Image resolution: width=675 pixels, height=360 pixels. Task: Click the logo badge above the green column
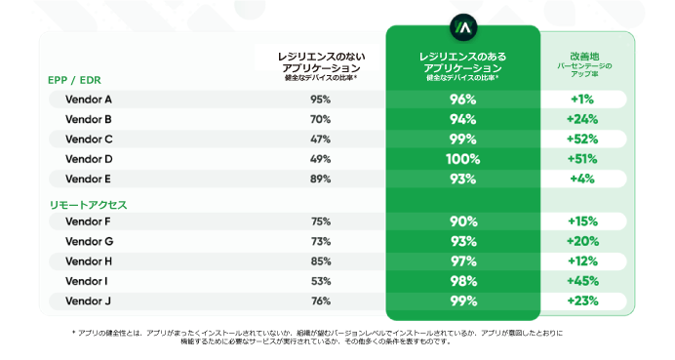(463, 26)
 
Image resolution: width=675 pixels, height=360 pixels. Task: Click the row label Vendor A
(89, 100)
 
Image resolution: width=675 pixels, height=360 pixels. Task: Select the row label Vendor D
(89, 159)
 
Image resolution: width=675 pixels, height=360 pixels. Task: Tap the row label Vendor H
(89, 260)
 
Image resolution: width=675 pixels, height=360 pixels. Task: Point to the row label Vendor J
(89, 300)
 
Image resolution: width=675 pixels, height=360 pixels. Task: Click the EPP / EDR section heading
(75, 80)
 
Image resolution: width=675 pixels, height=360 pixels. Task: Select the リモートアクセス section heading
(89, 205)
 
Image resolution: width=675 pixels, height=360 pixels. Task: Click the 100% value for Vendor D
(463, 159)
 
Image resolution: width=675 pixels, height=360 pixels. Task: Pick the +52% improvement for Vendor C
(583, 140)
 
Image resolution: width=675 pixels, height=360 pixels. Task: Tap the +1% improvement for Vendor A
(583, 100)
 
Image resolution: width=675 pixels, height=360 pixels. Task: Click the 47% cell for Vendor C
(320, 140)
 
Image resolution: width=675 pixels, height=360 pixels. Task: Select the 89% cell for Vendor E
(320, 179)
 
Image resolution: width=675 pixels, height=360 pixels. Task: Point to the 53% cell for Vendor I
(320, 281)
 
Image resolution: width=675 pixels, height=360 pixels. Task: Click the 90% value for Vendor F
(463, 221)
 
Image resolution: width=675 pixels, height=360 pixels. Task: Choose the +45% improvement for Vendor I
(583, 281)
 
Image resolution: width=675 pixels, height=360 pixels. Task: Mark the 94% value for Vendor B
(463, 119)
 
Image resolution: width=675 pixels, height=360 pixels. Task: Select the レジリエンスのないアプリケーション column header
(320, 63)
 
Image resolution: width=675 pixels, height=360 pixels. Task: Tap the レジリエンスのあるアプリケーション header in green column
(463, 63)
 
